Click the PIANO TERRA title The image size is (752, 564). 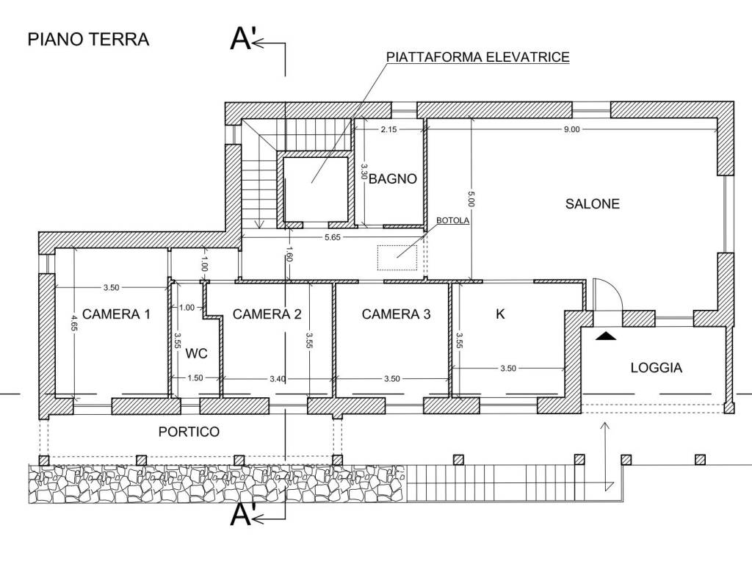pyautogui.click(x=88, y=39)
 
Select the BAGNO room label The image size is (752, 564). pyautogui.click(x=393, y=178)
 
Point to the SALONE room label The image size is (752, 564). pyautogui.click(x=592, y=203)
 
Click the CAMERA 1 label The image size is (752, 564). pyautogui.click(x=116, y=314)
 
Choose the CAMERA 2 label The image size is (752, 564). pyautogui.click(x=267, y=314)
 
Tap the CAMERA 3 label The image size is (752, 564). pyautogui.click(x=397, y=314)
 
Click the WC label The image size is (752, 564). pyautogui.click(x=196, y=353)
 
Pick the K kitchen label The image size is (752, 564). pyautogui.click(x=500, y=314)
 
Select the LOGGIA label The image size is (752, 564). pyautogui.click(x=656, y=368)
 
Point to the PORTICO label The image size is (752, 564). pyautogui.click(x=189, y=432)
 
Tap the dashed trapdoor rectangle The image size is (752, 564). pyautogui.click(x=397, y=257)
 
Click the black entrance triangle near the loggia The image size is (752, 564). pyautogui.click(x=606, y=336)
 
